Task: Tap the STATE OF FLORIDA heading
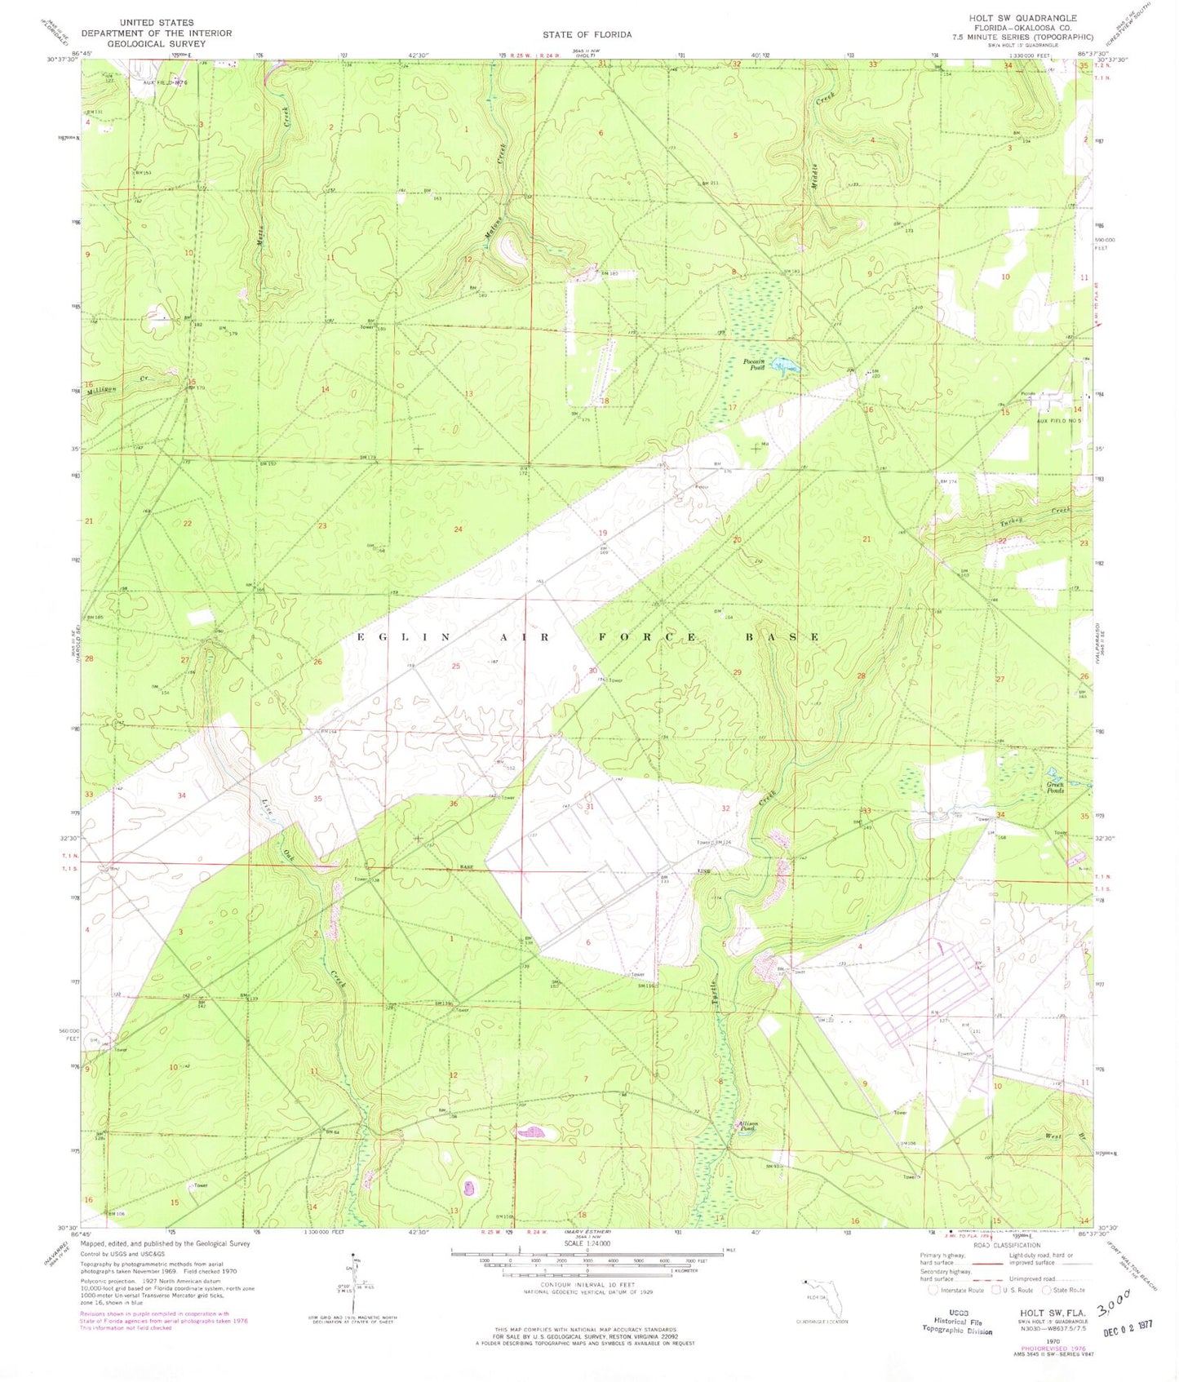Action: pos(587,34)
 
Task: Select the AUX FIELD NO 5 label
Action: pos(1058,421)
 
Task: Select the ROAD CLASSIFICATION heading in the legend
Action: pos(1005,1245)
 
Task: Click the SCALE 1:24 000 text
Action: pos(587,1243)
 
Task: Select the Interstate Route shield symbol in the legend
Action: pos(933,1290)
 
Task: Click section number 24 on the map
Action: pos(458,529)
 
